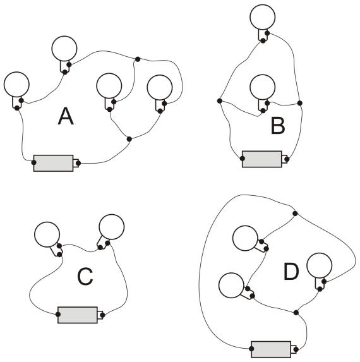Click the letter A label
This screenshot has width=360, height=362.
pyautogui.click(x=66, y=116)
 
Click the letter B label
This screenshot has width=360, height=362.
pyautogui.click(x=278, y=125)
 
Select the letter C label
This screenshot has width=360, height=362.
pyautogui.click(x=85, y=276)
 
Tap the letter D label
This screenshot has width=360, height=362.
pyautogui.click(x=291, y=272)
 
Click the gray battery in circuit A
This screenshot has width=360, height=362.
pyautogui.click(x=53, y=163)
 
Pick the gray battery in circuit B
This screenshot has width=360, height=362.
pyautogui.click(x=262, y=159)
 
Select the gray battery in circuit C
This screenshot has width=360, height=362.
pyautogui.click(x=78, y=315)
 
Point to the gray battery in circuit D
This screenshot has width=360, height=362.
pyautogui.click(x=271, y=349)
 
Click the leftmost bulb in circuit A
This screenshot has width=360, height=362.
pyautogui.click(x=16, y=84)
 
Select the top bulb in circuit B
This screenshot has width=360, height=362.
pyautogui.click(x=262, y=17)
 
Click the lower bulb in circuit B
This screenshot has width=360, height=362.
pyautogui.click(x=262, y=87)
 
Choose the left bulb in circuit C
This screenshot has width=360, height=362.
pyautogui.click(x=47, y=234)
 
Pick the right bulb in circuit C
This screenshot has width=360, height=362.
pyautogui.click(x=111, y=227)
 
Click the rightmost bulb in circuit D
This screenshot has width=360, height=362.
pyautogui.click(x=319, y=265)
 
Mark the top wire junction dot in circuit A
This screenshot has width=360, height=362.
pyautogui.click(x=138, y=59)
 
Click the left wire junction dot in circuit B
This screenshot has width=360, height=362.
pyautogui.click(x=220, y=100)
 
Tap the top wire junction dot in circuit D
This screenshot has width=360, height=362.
pyautogui.click(x=295, y=214)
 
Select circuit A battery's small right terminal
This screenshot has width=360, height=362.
pyautogui.click(x=76, y=163)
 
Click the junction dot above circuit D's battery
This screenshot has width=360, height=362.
pyautogui.click(x=296, y=313)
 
